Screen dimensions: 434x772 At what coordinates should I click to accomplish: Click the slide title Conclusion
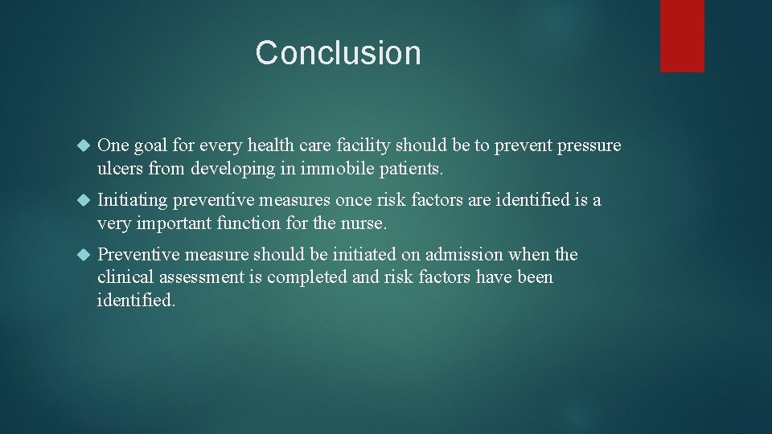point(338,53)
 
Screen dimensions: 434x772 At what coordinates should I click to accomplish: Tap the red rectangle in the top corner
point(682,35)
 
